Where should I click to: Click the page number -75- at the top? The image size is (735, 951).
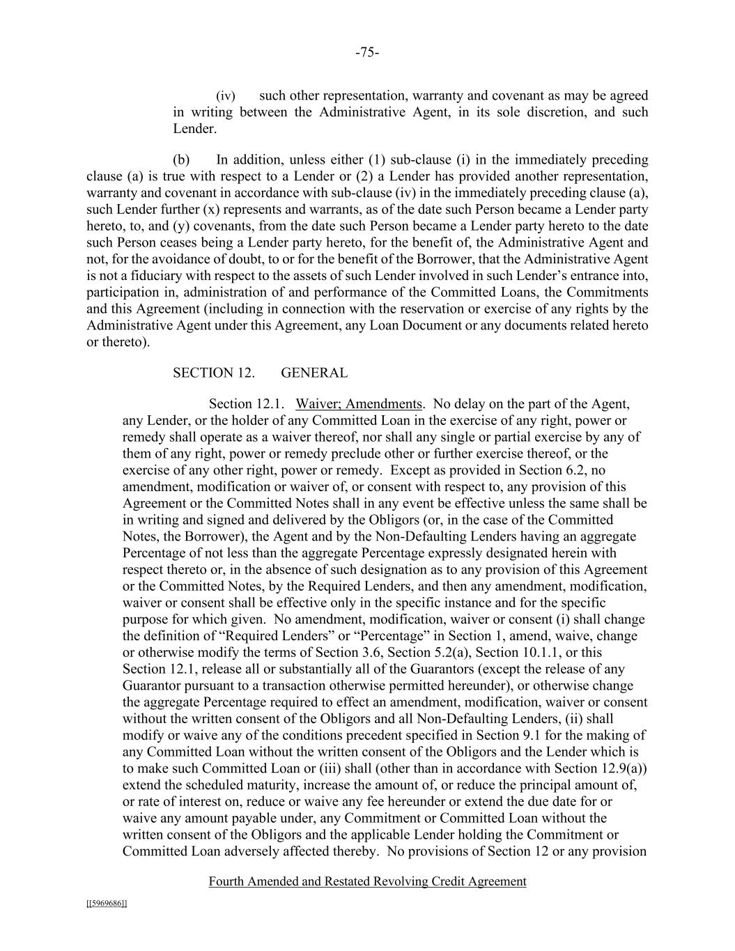[367, 53]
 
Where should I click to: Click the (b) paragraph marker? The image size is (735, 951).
[181, 160]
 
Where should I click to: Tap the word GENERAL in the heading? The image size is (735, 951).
[314, 373]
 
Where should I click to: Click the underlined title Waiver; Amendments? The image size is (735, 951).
[359, 404]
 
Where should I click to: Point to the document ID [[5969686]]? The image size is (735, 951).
[107, 904]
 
